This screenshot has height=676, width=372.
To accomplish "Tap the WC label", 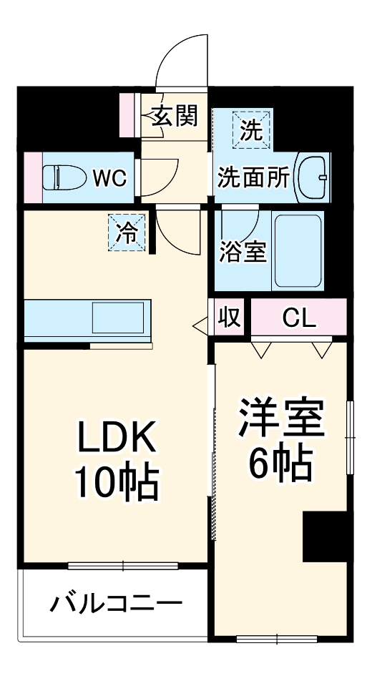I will (109, 177).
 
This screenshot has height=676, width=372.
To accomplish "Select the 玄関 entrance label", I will (174, 116).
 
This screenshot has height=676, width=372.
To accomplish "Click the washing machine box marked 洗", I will (251, 130).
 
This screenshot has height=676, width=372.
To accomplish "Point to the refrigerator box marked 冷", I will (125, 233).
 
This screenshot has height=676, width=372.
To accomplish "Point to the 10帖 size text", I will (116, 484).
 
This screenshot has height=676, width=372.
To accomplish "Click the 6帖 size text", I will (280, 465).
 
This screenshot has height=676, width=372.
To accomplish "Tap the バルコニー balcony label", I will (115, 604).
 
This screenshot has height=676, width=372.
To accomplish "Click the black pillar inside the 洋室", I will (325, 537).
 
